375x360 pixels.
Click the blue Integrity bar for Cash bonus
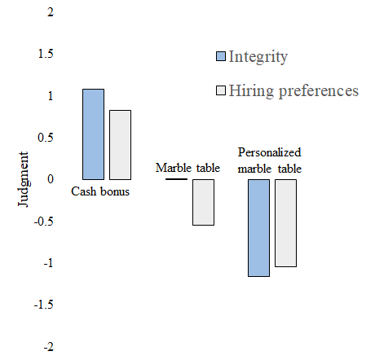pyautogui.click(x=93, y=134)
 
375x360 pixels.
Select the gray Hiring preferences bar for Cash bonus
pyautogui.click(x=120, y=145)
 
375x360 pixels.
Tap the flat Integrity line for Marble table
pyautogui.click(x=176, y=179)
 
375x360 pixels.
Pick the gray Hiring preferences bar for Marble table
pyautogui.click(x=203, y=202)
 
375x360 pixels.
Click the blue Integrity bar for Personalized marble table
pyautogui.click(x=258, y=228)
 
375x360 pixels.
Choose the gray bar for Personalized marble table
pyautogui.click(x=285, y=223)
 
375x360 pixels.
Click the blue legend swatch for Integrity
pyautogui.click(x=221, y=56)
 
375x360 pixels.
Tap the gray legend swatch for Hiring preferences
pyautogui.click(x=221, y=90)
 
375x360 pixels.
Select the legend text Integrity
pyautogui.click(x=258, y=57)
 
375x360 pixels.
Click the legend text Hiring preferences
pyautogui.click(x=293, y=91)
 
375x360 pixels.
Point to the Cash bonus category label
pyautogui.click(x=100, y=191)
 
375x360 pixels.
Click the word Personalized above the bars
pyautogui.click(x=270, y=152)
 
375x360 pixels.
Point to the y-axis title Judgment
pyautogui.click(x=23, y=179)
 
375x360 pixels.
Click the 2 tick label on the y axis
pyautogui.click(x=51, y=12)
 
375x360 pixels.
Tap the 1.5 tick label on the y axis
pyautogui.click(x=46, y=54)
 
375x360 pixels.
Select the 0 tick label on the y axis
pyautogui.click(x=51, y=179)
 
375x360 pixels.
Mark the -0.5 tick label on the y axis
pyautogui.click(x=44, y=222)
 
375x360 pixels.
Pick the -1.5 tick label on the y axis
pyautogui.click(x=44, y=305)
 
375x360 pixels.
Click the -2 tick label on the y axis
pyautogui.click(x=49, y=347)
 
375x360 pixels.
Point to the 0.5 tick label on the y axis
pyautogui.click(x=46, y=138)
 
